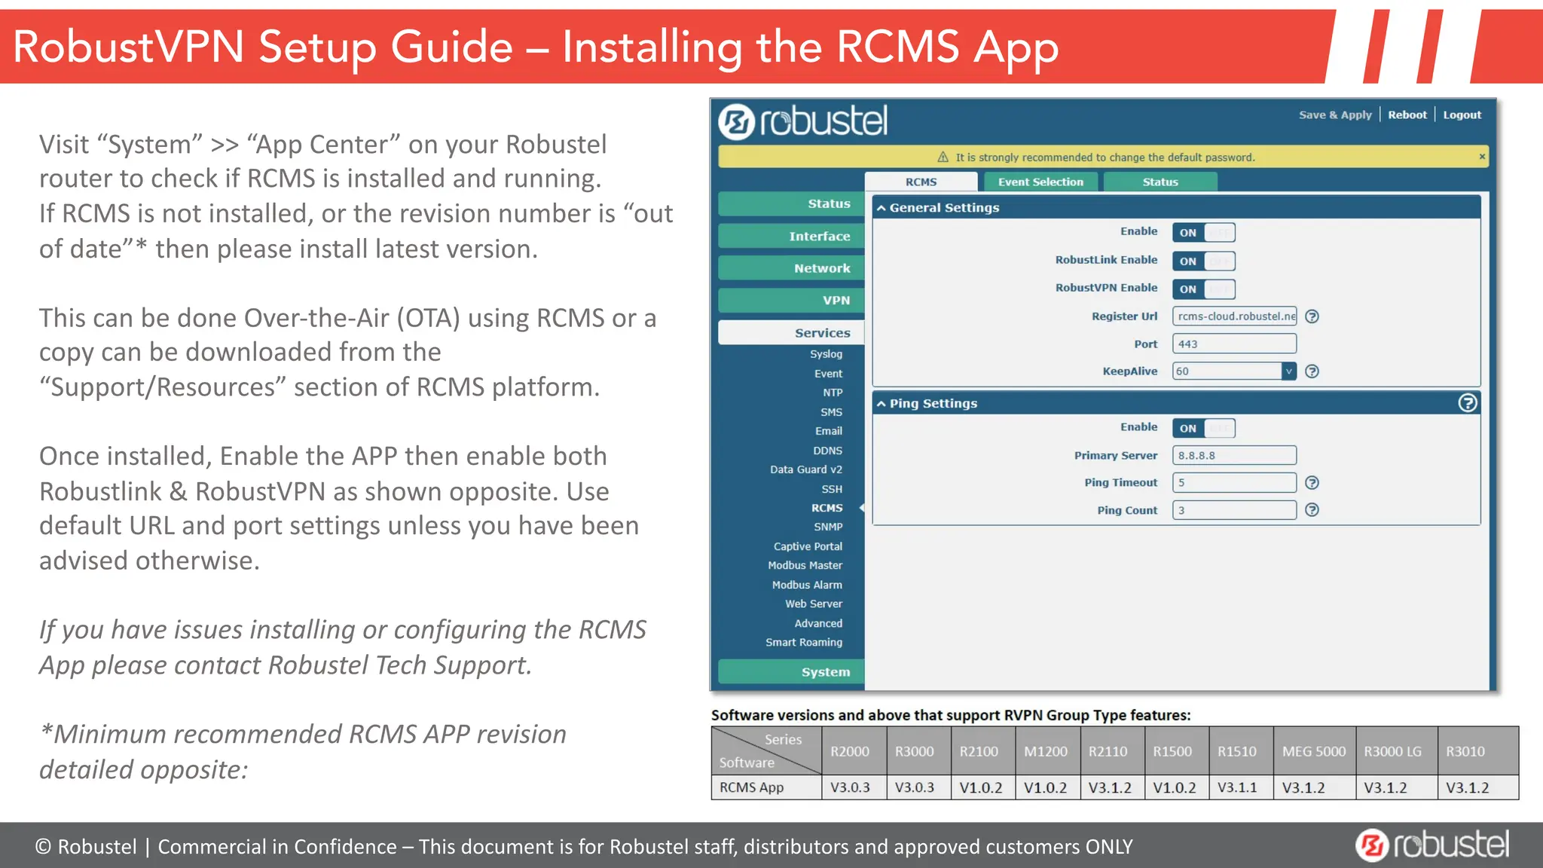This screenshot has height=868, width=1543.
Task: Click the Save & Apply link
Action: point(1334,115)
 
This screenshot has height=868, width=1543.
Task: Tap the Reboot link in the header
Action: point(1407,115)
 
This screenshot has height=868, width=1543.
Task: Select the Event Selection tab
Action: point(1040,182)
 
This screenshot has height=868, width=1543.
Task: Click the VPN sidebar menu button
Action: point(791,300)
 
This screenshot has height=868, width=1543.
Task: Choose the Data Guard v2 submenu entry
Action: point(805,469)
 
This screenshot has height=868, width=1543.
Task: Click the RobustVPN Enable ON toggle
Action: point(1202,289)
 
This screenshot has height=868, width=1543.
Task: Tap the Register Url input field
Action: point(1234,316)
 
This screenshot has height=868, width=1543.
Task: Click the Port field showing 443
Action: point(1234,344)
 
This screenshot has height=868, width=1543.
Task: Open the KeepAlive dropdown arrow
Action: point(1288,371)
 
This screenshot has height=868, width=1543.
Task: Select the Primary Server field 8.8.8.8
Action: point(1234,455)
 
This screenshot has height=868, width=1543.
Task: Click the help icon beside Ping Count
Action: point(1312,510)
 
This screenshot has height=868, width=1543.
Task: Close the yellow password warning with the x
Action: point(1481,157)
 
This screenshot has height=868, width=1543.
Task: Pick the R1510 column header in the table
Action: point(1237,751)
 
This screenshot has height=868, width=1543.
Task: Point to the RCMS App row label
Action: point(751,787)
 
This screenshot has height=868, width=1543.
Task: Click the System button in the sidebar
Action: point(791,671)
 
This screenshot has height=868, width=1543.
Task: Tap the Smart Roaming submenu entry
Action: point(803,642)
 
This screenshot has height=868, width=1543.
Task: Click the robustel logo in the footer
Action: point(1431,845)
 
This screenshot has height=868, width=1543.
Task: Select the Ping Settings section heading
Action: point(933,403)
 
